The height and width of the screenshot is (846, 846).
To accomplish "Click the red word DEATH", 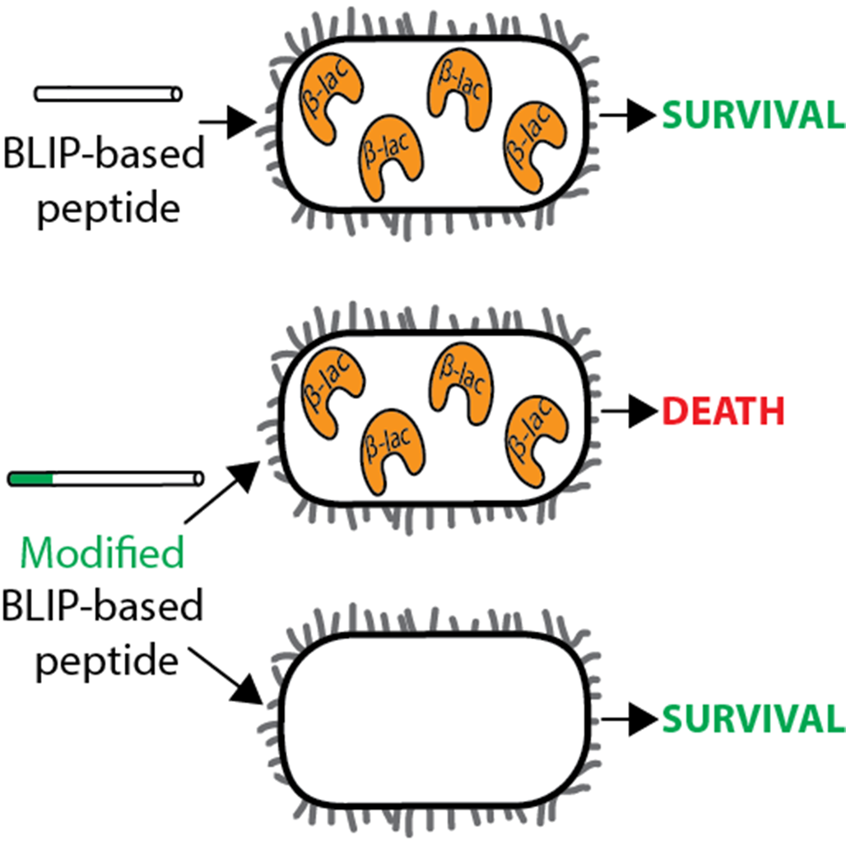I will (x=723, y=411).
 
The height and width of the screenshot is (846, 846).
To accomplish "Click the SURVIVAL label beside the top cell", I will (x=753, y=116).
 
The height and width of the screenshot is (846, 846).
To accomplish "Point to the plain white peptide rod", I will (x=108, y=94).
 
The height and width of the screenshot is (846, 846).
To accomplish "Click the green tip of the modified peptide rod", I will (x=30, y=477).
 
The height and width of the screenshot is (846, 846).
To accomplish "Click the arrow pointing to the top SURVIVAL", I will (x=629, y=116).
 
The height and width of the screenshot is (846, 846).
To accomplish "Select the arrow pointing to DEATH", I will (x=629, y=411).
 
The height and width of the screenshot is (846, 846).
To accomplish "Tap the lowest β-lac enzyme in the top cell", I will (x=387, y=158).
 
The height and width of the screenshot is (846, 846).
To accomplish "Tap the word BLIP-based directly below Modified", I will (x=103, y=607).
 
